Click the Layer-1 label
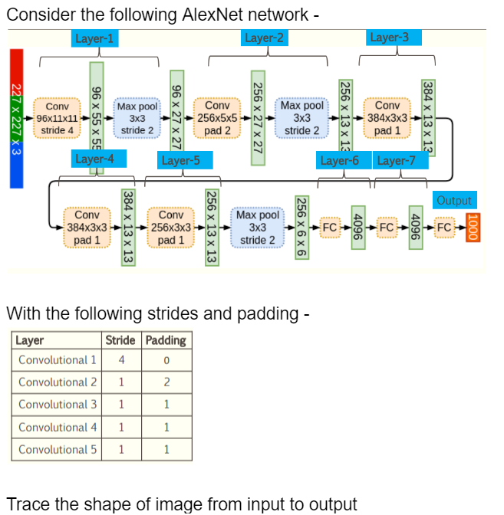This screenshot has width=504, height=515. click(x=95, y=38)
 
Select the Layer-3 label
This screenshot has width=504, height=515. click(x=389, y=38)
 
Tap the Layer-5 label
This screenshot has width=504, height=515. click(x=180, y=160)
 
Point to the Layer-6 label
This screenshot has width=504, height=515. click(x=339, y=160)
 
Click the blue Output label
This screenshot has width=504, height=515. click(x=454, y=200)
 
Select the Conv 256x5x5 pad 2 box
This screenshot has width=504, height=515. click(x=218, y=118)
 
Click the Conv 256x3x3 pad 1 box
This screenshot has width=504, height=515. click(x=171, y=228)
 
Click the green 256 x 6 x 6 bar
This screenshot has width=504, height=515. click(x=301, y=228)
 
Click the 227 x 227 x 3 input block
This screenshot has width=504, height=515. click(x=15, y=119)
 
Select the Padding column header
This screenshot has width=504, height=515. click(x=165, y=340)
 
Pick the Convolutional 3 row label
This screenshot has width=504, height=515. click(x=58, y=404)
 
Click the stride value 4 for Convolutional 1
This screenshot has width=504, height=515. click(x=121, y=359)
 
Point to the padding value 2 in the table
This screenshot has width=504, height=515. click(x=165, y=382)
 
